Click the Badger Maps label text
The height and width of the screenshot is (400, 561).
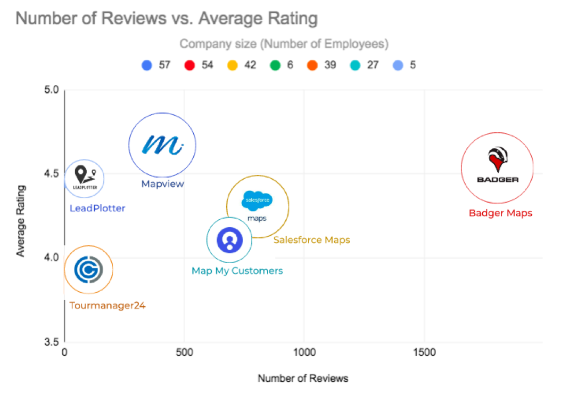click(x=500, y=213)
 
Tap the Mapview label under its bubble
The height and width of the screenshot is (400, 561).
click(x=162, y=183)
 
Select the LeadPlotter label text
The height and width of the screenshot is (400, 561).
click(x=97, y=208)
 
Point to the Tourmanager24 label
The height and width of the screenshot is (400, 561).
click(x=108, y=306)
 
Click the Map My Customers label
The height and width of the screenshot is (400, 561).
click(x=237, y=270)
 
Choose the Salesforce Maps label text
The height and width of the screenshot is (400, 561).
click(x=312, y=239)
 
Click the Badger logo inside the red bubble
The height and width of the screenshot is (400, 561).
click(x=497, y=165)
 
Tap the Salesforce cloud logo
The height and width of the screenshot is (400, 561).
click(x=257, y=201)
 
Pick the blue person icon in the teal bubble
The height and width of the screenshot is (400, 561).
click(x=229, y=240)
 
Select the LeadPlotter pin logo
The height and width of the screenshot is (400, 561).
click(x=84, y=178)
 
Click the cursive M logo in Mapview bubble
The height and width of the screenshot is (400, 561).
click(x=163, y=145)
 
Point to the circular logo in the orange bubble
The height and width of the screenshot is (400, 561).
click(x=88, y=270)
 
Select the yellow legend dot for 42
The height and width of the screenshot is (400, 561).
click(x=232, y=65)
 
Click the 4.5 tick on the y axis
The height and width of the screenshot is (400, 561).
click(x=51, y=173)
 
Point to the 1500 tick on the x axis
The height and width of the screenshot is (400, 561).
click(x=424, y=353)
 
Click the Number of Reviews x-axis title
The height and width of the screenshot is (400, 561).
click(x=303, y=378)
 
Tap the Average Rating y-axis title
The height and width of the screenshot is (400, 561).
click(x=21, y=221)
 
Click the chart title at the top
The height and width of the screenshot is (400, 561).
click(x=167, y=19)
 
